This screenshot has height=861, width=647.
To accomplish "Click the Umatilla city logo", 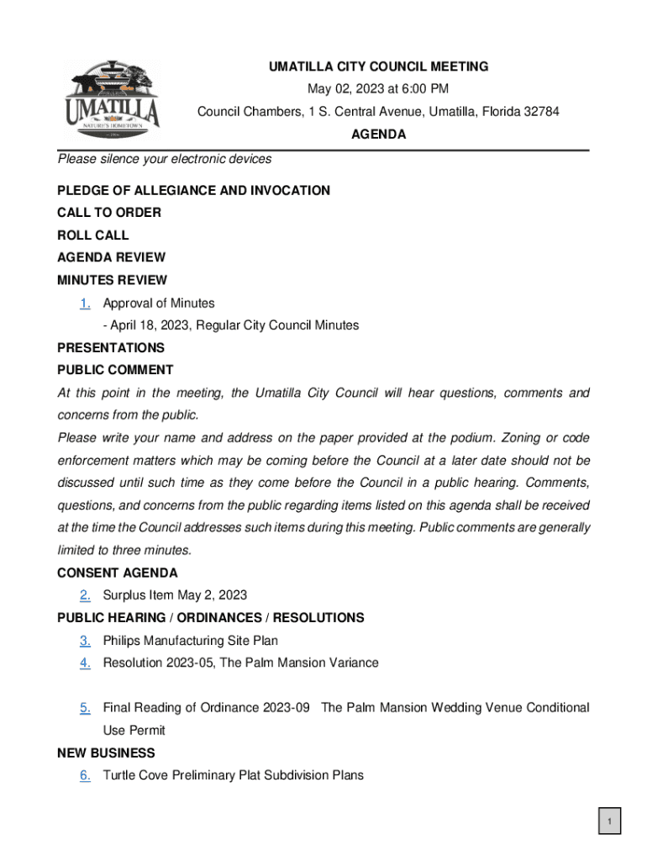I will tap(112, 102).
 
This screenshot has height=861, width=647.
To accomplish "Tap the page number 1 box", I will tap(610, 821).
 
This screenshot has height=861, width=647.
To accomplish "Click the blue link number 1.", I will tap(85, 303).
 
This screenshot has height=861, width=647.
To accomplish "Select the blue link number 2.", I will tap(85, 595).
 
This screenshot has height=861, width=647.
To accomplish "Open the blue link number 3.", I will tap(85, 641).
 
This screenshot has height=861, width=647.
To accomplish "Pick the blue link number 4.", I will tap(85, 663).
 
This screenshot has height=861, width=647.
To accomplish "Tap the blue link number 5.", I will tap(85, 708).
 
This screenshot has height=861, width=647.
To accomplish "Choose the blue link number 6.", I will tap(85, 775).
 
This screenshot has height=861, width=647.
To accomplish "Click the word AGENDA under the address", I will tap(378, 135).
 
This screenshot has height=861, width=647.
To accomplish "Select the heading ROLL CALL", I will tap(93, 235).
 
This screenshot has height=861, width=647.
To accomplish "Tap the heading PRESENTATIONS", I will tap(111, 347).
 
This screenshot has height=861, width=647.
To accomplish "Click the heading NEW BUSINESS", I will tap(106, 753).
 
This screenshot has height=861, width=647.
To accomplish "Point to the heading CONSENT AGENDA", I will tap(118, 573).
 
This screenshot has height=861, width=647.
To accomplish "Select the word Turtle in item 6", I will tap(120, 775).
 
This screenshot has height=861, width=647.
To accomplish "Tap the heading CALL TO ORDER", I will tap(109, 213).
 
